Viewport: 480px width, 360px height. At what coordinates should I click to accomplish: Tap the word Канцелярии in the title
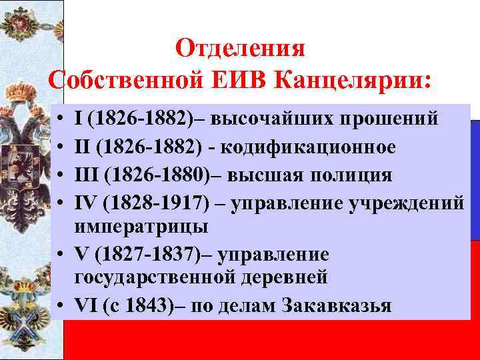point(353,80)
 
